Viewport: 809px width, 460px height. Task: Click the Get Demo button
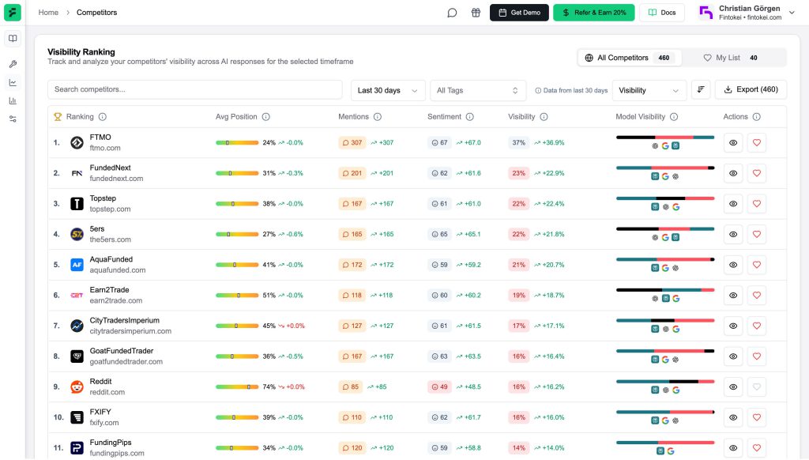tap(519, 13)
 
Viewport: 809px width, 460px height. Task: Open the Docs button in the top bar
tap(661, 13)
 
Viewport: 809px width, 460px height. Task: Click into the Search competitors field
tap(194, 90)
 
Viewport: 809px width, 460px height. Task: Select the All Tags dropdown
tap(478, 90)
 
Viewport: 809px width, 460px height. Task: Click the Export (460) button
tap(750, 90)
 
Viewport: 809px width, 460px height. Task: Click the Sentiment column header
tap(444, 117)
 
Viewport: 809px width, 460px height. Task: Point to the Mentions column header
tap(353, 117)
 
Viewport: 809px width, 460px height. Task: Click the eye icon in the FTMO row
tap(733, 143)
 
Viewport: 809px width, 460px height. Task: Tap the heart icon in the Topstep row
tap(756, 204)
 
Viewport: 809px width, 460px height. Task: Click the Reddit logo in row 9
tap(77, 387)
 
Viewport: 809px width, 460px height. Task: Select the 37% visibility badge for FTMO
tap(518, 143)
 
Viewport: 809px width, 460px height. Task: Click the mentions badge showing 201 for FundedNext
tap(352, 173)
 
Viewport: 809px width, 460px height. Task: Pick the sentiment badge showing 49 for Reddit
tap(438, 387)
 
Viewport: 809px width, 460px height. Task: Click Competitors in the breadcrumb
tap(96, 13)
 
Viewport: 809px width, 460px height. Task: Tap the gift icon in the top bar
tap(476, 13)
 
